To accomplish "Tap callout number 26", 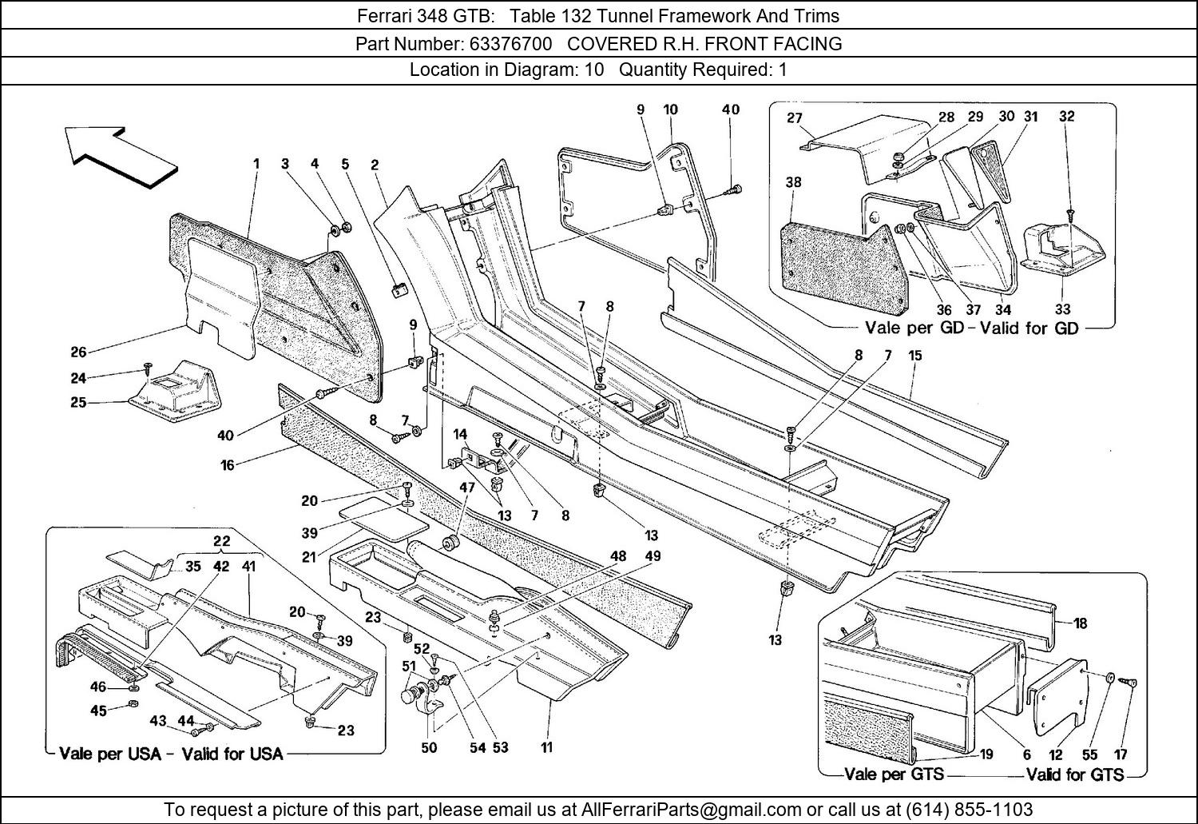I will tap(78, 351).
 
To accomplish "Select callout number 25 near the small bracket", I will tap(78, 402).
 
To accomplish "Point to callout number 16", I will tap(228, 464).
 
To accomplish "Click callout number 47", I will tap(467, 487).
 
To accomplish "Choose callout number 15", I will tap(914, 355).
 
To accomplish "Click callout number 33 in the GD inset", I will tap(1062, 309).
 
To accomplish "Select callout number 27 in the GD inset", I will tap(794, 118).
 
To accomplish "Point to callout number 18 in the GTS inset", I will tap(1080, 623).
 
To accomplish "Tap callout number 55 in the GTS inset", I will tap(1090, 754).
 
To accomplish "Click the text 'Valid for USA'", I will tap(232, 754).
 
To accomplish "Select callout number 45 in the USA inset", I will tap(98, 711).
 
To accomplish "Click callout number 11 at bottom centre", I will tap(546, 747).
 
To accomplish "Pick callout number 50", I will tap(429, 747).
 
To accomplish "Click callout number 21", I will tap(310, 557).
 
